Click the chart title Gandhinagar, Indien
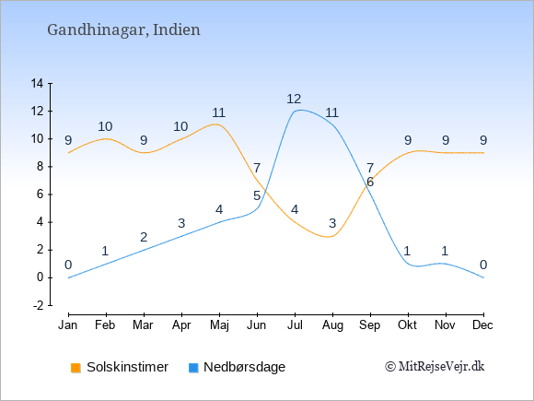point(123,30)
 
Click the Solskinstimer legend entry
point(120,367)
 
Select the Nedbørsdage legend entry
point(237,367)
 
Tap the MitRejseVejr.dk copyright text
point(435,367)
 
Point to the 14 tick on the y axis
point(37,83)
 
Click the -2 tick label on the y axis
point(38,305)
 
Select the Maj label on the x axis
point(219,325)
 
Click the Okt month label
point(407,325)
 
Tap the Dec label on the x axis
point(482,325)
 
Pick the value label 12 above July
point(294,100)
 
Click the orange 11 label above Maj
point(218,112)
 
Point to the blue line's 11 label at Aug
point(331,112)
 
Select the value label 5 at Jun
point(257,195)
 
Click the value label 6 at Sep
point(370,183)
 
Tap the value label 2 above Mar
point(144,237)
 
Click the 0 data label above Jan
point(68,265)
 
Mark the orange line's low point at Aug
point(329,237)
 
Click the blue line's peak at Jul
point(300,110)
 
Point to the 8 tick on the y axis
point(41,167)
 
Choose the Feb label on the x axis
point(105,325)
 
